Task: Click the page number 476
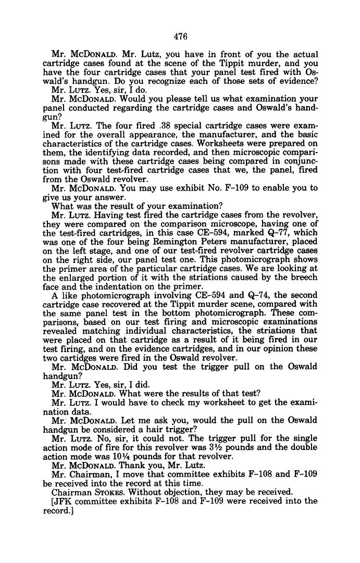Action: point(180,36)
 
